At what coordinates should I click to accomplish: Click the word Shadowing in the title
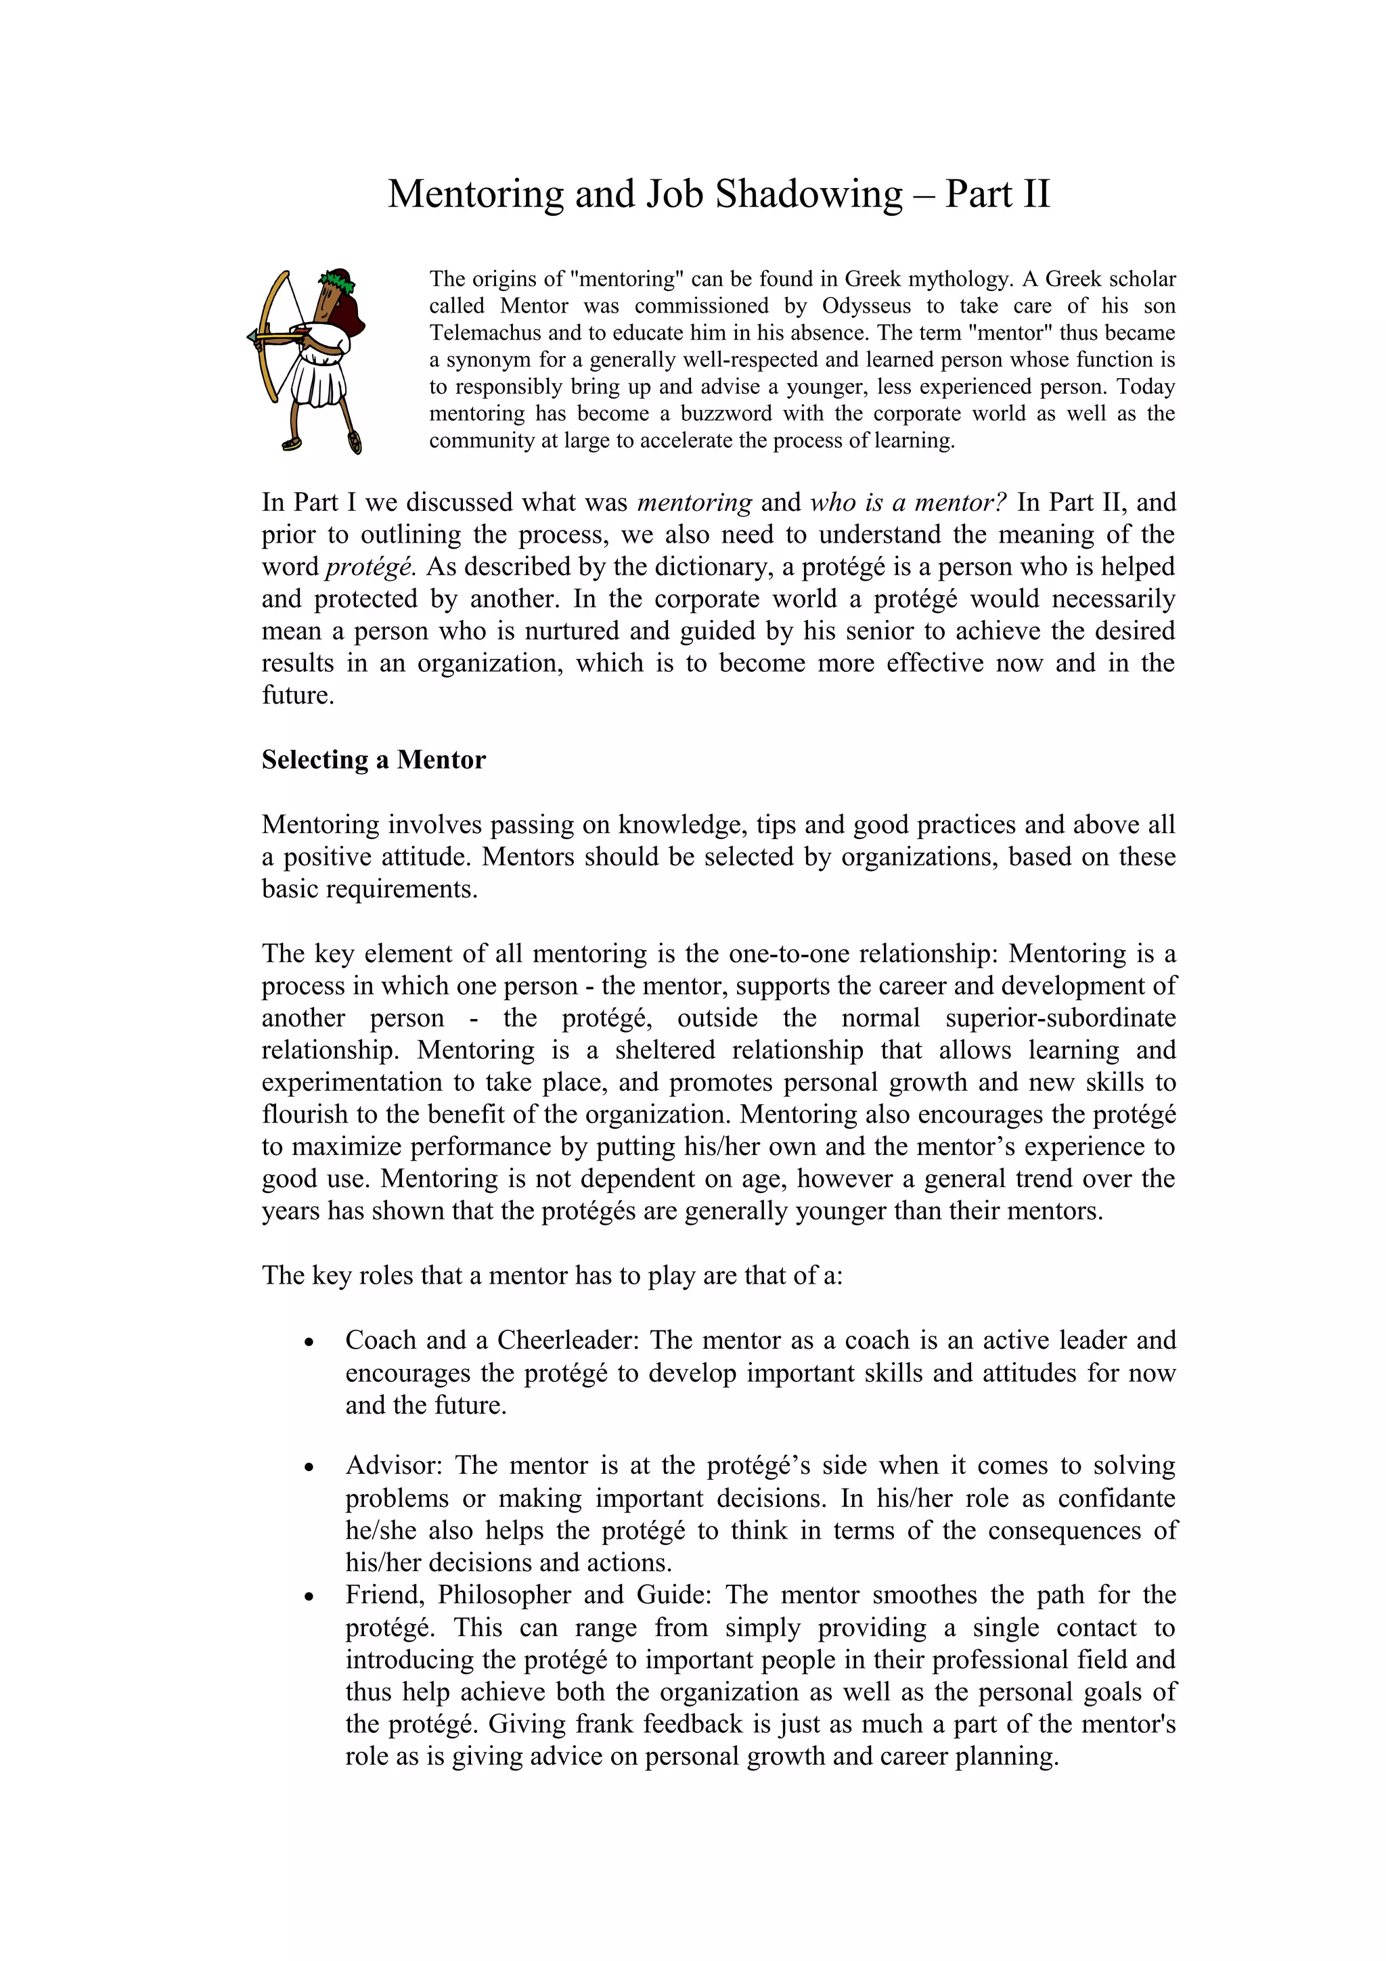tap(808, 195)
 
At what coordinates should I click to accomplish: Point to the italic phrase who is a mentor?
tap(908, 502)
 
